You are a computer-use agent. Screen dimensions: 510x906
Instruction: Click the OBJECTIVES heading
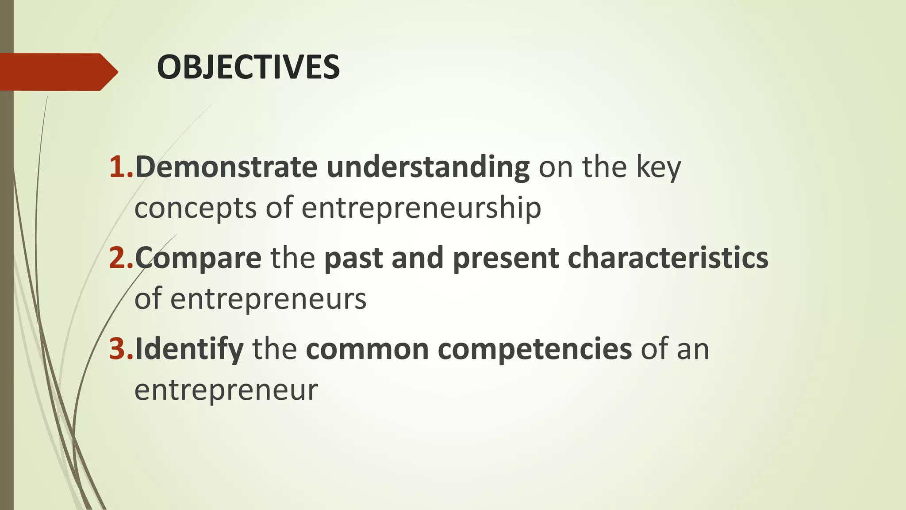pos(248,67)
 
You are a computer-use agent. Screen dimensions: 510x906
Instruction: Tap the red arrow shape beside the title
pos(58,72)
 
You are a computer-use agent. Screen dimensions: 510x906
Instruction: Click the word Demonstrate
pos(226,167)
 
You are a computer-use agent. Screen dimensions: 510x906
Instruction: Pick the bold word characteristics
pos(668,258)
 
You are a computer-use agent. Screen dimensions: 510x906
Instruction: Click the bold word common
pos(367,349)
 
